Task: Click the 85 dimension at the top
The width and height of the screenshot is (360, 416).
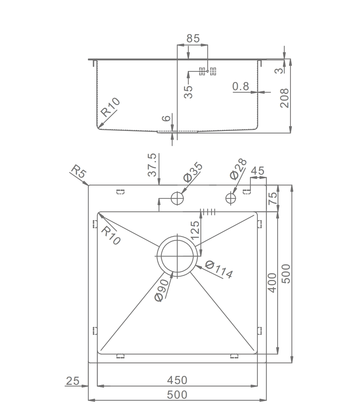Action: pos(193,38)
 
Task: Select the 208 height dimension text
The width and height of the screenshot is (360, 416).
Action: pos(284,98)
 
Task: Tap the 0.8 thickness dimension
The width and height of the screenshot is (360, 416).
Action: pos(241,86)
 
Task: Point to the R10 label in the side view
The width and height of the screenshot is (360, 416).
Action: pos(110,107)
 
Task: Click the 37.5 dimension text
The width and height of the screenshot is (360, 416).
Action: pos(152,165)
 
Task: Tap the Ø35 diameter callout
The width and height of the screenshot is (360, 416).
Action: pos(193,172)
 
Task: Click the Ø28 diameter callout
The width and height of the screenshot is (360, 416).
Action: pos(238,169)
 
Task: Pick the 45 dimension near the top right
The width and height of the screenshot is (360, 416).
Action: pos(257,171)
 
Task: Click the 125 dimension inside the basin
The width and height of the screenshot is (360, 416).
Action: pos(195,230)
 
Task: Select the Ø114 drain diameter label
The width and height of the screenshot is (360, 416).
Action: pos(219,269)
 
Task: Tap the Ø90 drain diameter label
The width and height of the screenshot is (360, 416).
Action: pos(162,290)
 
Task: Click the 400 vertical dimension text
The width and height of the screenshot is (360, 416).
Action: pos(272,283)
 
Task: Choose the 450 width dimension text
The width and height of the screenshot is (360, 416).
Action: pos(177,381)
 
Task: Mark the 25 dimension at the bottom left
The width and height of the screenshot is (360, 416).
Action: pos(73,381)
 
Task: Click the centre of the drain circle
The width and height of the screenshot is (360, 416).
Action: pos(177,256)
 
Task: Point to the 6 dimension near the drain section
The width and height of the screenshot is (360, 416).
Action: pos(167,118)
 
